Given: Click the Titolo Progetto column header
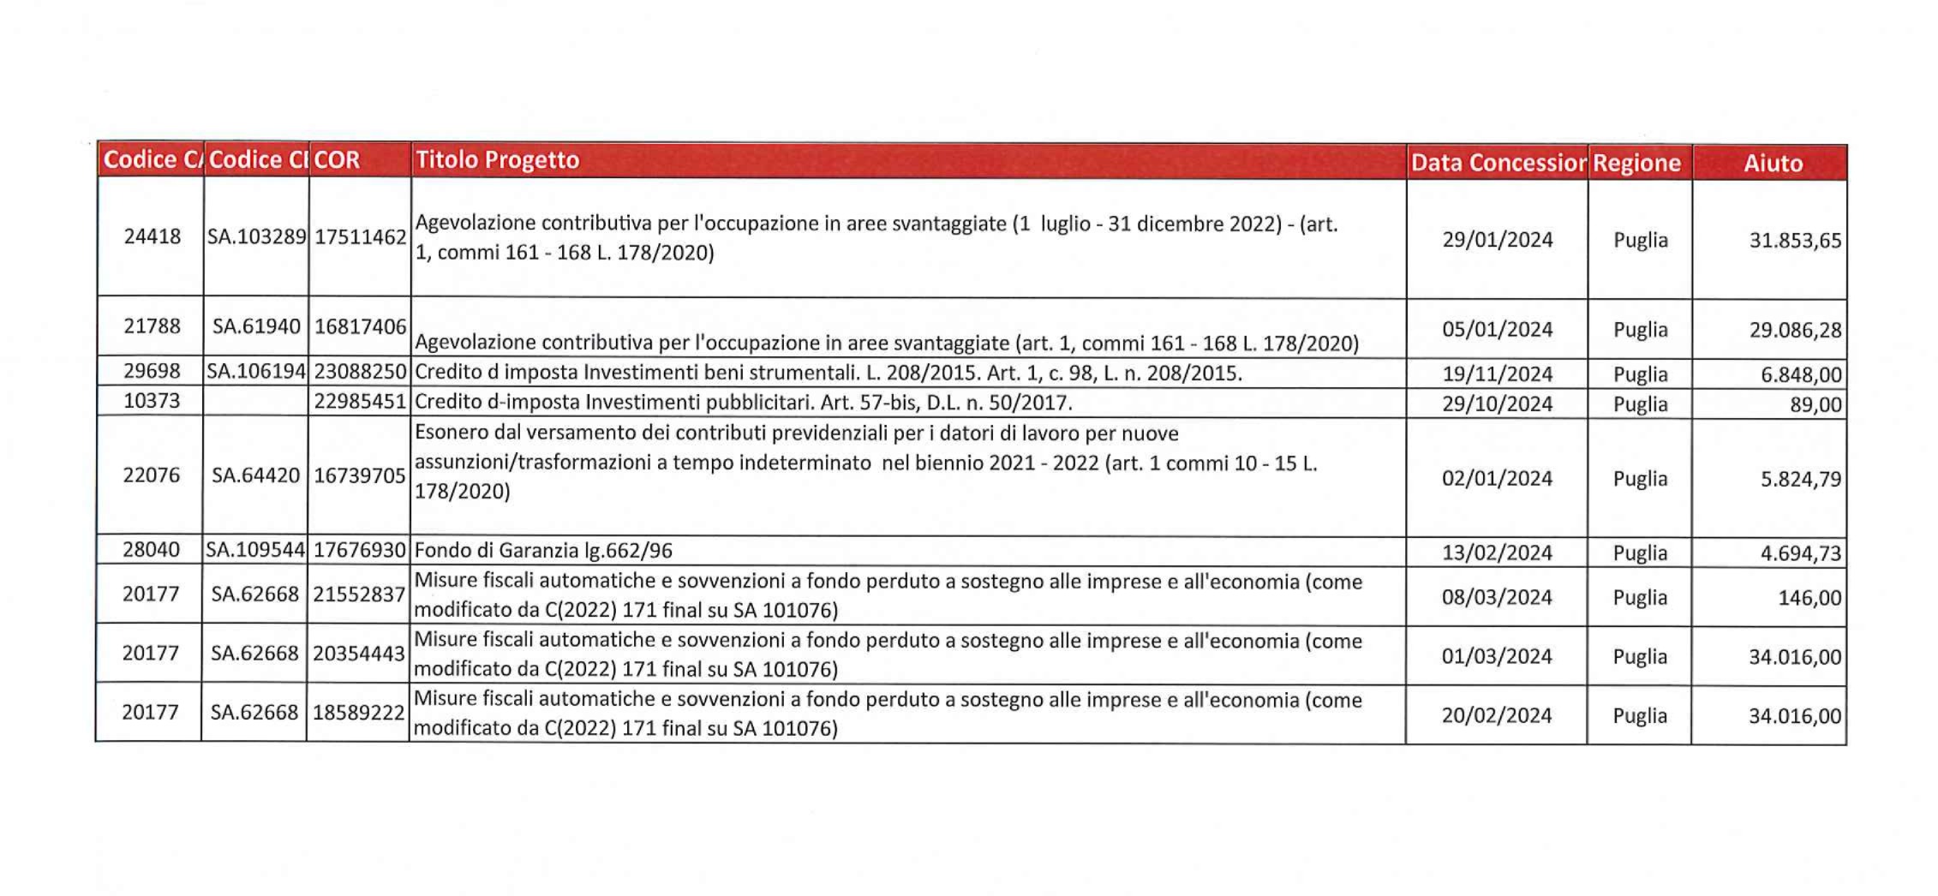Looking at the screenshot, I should click(x=497, y=160).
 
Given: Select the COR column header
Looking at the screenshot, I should click(x=337, y=160).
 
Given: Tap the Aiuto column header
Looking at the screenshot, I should click(x=1773, y=163).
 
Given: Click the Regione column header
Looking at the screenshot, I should click(x=1636, y=163).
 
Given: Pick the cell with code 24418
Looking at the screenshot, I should click(x=153, y=236).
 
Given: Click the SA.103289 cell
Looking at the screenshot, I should click(x=257, y=236).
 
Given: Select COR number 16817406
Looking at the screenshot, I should click(x=360, y=326).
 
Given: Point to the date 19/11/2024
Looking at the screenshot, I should click(x=1497, y=374).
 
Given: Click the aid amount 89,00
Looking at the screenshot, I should click(x=1815, y=404).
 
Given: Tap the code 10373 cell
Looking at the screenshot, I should click(x=152, y=401).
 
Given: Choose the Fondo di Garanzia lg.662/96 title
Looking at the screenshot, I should click(x=541, y=550).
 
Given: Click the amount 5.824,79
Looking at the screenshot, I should click(x=1800, y=479).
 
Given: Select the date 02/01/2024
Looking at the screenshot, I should click(x=1497, y=478).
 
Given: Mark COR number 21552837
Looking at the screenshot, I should click(x=358, y=594).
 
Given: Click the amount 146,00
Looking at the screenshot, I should click(x=1809, y=598).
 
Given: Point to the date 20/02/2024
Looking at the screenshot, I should click(x=1496, y=715).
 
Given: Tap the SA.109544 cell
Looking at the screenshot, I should click(x=255, y=550).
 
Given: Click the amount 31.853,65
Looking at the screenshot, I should click(x=1795, y=241).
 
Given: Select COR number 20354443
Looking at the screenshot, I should click(x=358, y=654).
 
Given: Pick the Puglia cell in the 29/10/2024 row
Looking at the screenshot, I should click(x=1640, y=404).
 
